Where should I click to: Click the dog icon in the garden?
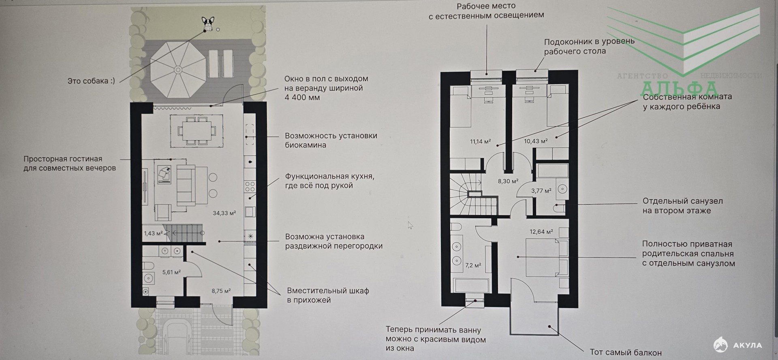(x=208, y=23)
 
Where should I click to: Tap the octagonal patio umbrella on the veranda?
(x=177, y=70)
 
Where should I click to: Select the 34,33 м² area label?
(x=224, y=213)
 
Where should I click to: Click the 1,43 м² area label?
(x=153, y=233)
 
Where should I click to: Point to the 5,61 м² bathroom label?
(x=171, y=272)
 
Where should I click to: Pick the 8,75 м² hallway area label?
(x=221, y=291)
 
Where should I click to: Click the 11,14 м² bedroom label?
(x=481, y=141)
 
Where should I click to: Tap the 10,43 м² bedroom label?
(x=536, y=141)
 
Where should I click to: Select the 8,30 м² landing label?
(x=508, y=181)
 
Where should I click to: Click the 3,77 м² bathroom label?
(x=541, y=190)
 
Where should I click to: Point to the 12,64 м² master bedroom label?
(x=541, y=232)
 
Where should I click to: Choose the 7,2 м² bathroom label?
(x=473, y=266)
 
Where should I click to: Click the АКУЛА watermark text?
(x=748, y=345)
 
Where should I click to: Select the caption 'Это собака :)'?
(x=91, y=81)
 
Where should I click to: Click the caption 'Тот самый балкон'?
(x=626, y=352)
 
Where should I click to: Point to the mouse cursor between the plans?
(x=410, y=225)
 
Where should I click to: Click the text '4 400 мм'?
(x=302, y=98)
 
